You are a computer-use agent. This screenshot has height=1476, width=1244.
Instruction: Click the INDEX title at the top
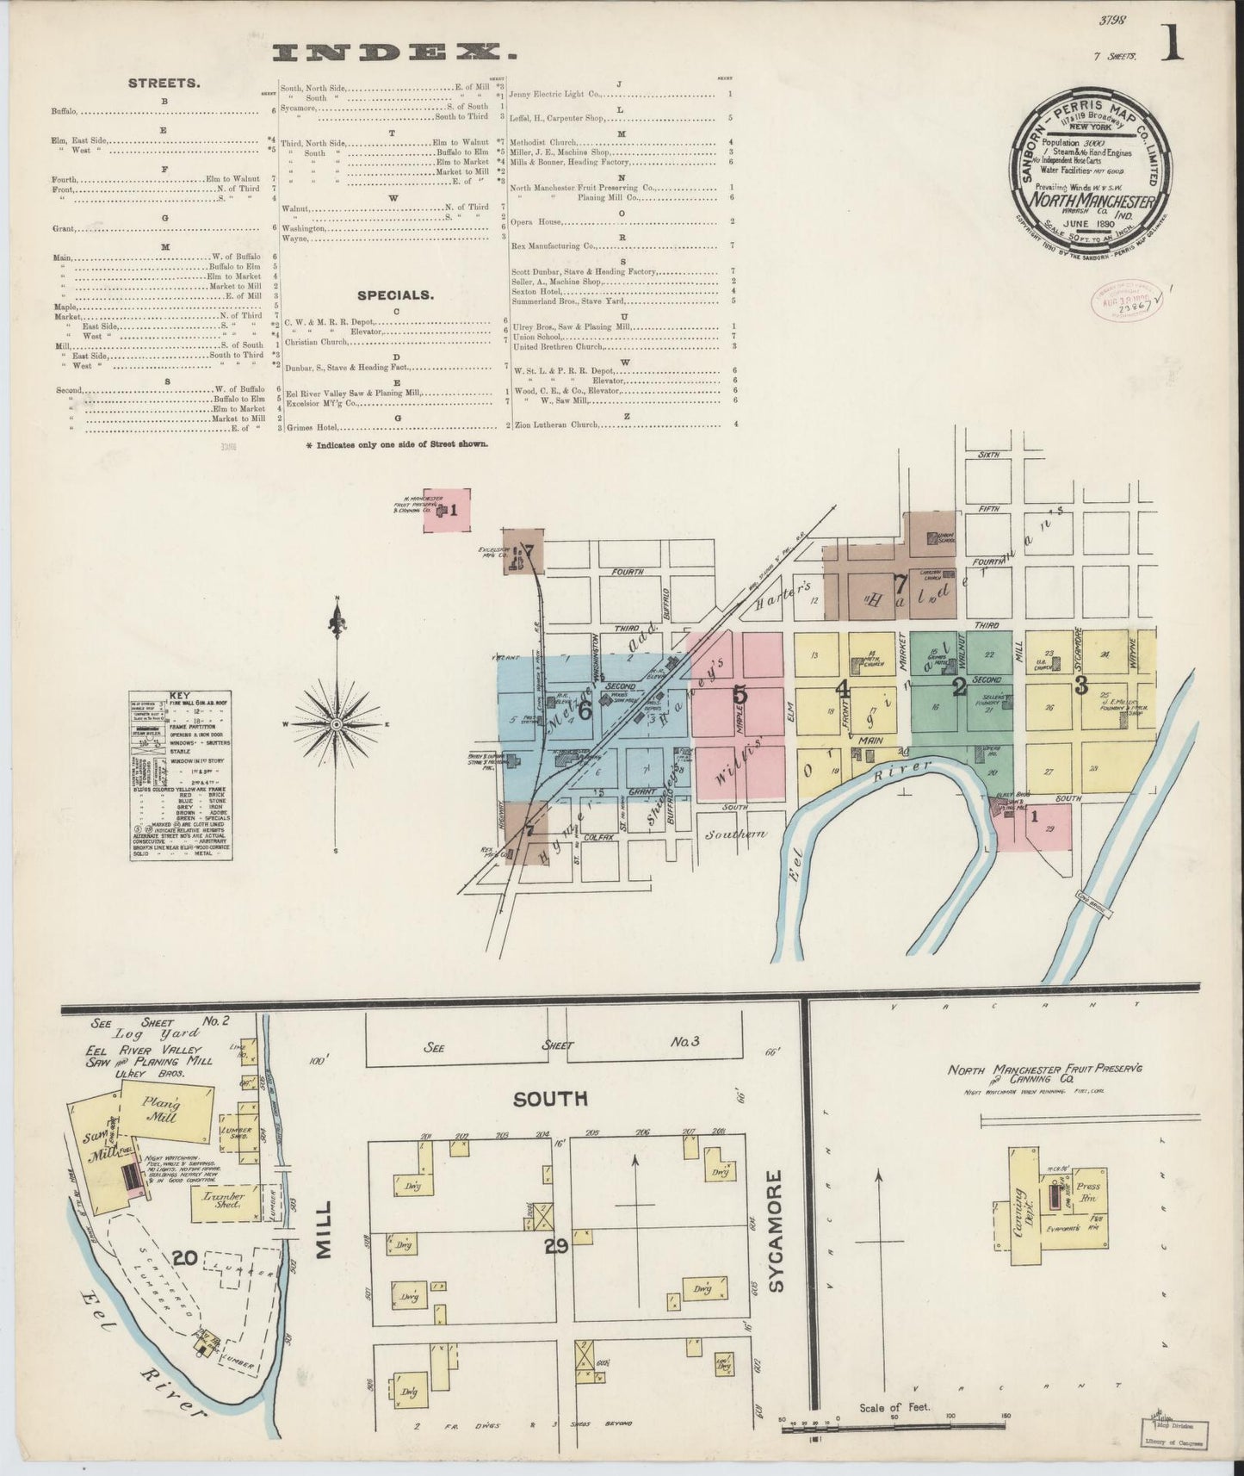[395, 54]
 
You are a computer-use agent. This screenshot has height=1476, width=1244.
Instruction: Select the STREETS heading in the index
[164, 84]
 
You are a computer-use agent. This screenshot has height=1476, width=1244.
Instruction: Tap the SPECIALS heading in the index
[395, 295]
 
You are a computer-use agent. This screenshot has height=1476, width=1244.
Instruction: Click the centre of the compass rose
[337, 724]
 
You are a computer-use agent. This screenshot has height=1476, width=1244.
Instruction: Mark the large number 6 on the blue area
[585, 710]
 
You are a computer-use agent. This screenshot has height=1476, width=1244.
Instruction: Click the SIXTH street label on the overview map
[988, 455]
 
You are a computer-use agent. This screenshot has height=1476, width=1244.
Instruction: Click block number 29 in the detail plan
[556, 1245]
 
